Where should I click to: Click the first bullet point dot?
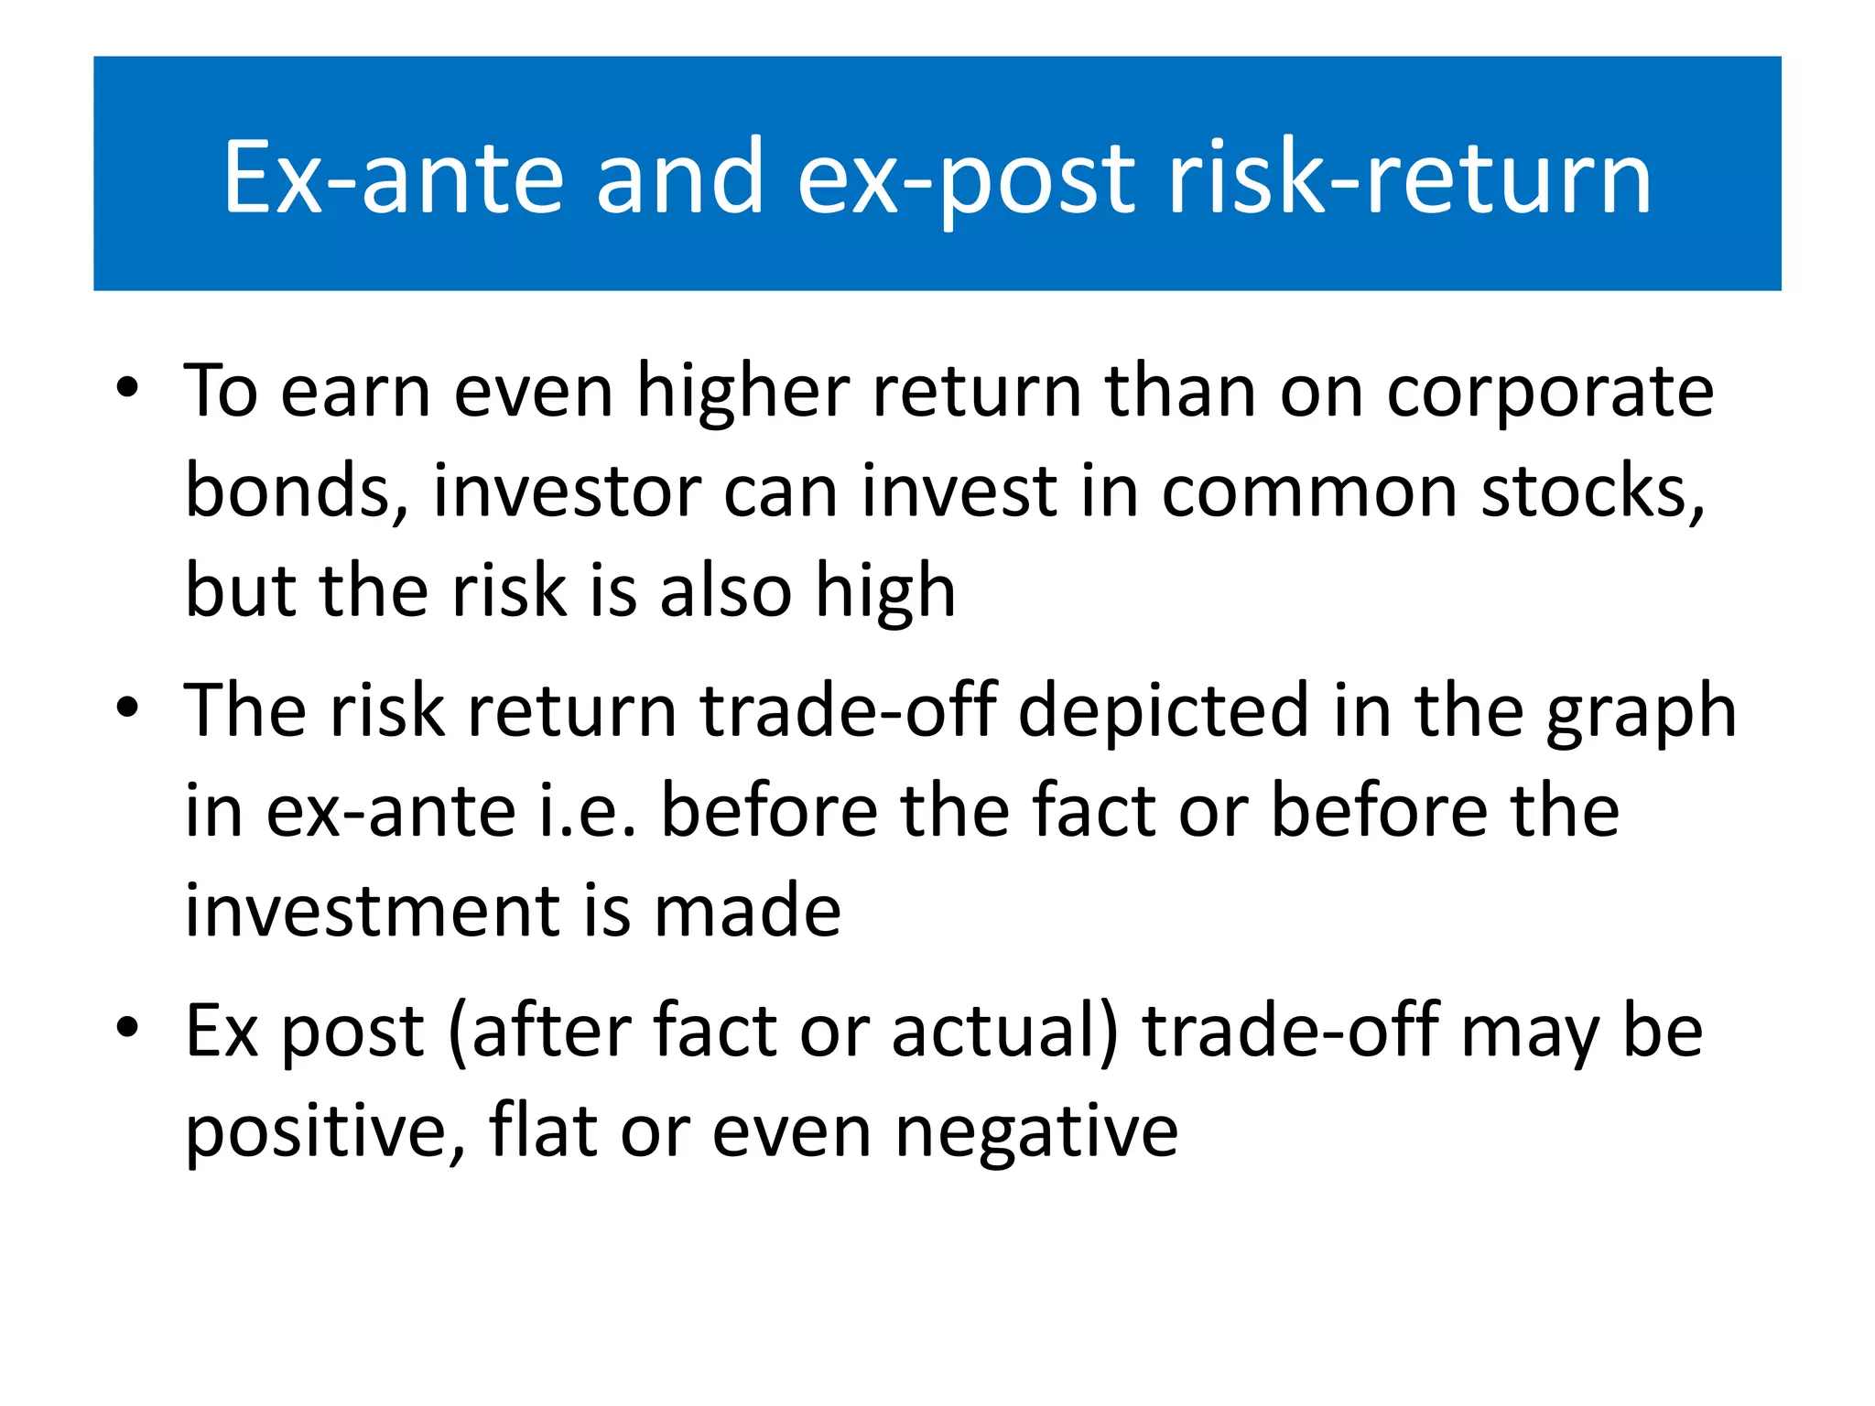(127, 388)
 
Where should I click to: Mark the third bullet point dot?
(127, 1027)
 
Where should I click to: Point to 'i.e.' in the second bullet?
(586, 812)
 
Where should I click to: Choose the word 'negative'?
(1035, 1133)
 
